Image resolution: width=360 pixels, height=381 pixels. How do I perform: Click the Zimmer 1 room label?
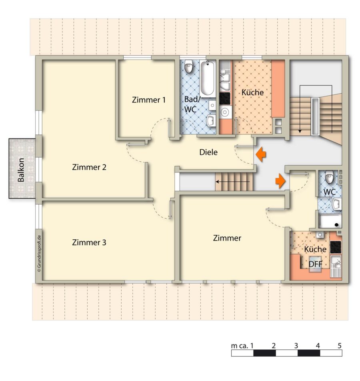click(x=149, y=100)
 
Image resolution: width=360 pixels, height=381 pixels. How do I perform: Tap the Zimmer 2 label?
click(x=89, y=167)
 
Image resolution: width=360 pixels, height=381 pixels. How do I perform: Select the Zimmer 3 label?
click(x=89, y=242)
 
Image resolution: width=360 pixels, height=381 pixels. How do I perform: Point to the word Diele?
click(x=208, y=152)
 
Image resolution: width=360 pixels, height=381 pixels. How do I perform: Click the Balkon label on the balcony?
click(x=21, y=170)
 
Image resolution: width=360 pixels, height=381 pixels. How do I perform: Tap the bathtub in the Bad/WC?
click(x=208, y=78)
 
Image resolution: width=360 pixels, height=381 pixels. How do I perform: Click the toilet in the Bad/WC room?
click(x=188, y=66)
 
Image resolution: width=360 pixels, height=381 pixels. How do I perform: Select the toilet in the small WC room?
click(x=329, y=177)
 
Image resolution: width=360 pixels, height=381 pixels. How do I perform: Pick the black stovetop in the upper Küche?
click(x=225, y=98)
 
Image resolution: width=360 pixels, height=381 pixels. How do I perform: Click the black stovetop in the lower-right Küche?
click(x=336, y=247)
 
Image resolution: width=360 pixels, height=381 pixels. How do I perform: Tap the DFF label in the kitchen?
click(x=315, y=264)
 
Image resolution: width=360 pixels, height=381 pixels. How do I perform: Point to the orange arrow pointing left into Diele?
click(x=261, y=154)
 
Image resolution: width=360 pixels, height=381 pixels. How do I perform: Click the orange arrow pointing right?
click(x=280, y=181)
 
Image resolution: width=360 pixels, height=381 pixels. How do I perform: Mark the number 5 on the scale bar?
click(x=340, y=345)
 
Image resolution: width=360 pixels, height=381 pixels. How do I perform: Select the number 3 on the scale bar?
click(x=296, y=345)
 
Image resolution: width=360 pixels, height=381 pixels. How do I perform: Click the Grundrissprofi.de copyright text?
click(x=39, y=254)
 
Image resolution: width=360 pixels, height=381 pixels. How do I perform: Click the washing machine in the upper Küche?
click(x=225, y=112)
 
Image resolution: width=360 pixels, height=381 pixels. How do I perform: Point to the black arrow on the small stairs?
click(x=232, y=182)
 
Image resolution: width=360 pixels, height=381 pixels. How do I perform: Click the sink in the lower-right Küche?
click(x=336, y=266)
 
